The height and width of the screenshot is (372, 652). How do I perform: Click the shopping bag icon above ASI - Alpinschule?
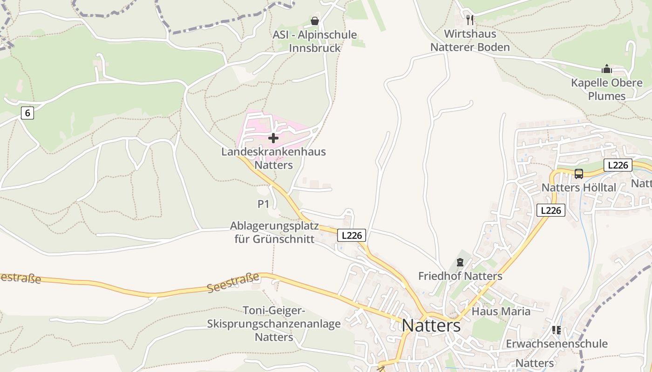coord(315,21)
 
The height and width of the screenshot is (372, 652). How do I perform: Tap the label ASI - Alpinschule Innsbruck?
coord(315,41)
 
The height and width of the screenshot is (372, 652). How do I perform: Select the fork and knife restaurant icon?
coord(470,20)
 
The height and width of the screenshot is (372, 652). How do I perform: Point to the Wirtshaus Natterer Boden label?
coord(470,40)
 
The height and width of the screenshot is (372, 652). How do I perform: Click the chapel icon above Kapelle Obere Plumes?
coord(606,69)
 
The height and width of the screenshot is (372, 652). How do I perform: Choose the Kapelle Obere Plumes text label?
coord(606,89)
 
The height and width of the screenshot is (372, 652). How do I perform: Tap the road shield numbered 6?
coord(27,113)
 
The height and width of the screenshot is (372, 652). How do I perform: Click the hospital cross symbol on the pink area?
coord(273,138)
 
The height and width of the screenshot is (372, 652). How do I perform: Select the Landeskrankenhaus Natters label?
coord(273,158)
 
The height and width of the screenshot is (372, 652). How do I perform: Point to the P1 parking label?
coord(264,204)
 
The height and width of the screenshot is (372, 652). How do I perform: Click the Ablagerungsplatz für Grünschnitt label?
coord(274,232)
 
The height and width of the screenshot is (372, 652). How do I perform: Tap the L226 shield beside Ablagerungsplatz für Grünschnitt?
coord(352,235)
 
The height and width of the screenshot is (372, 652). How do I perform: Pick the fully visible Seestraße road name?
coord(233,283)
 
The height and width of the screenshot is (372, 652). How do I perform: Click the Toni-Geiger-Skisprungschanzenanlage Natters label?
coord(274,324)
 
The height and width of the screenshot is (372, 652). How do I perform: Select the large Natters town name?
coord(431,325)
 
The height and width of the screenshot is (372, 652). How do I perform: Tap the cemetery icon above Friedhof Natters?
coord(460,262)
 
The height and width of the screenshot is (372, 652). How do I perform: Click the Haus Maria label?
coord(501,311)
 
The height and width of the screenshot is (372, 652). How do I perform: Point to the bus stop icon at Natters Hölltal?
coord(578,174)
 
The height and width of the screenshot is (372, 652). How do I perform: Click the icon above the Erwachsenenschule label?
coord(556,330)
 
